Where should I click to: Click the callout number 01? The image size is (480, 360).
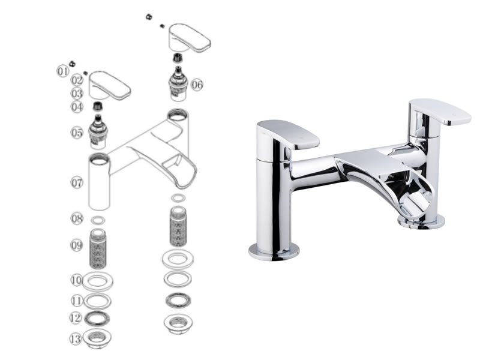point(63,71)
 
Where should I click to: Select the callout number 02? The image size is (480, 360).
point(77,80)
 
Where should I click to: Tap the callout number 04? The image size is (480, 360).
point(77,107)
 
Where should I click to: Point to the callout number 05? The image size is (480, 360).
point(77,133)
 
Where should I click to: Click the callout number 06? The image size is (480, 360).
point(197,84)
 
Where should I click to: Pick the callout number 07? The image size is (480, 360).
point(77,183)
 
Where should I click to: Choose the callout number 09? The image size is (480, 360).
point(77,245)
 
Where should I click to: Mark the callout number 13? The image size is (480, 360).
point(76,339)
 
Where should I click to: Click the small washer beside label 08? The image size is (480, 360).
point(98,220)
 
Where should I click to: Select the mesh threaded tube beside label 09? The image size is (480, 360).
point(98,248)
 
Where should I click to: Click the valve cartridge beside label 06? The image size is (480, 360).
point(178,83)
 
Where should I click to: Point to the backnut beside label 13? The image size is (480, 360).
point(97,338)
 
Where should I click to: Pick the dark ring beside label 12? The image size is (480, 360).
point(97,319)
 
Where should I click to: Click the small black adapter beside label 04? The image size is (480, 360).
point(97,106)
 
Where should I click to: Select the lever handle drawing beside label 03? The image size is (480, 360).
point(110,86)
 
